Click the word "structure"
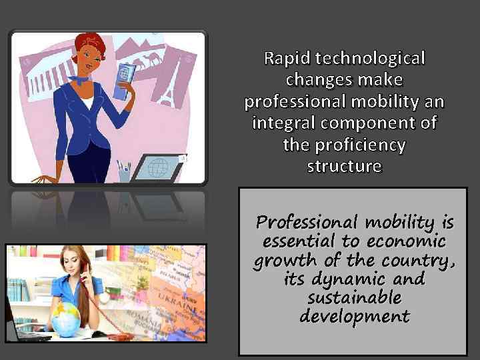tap(344, 166)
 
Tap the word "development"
tap(354, 316)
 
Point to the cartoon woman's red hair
tap(89, 45)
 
